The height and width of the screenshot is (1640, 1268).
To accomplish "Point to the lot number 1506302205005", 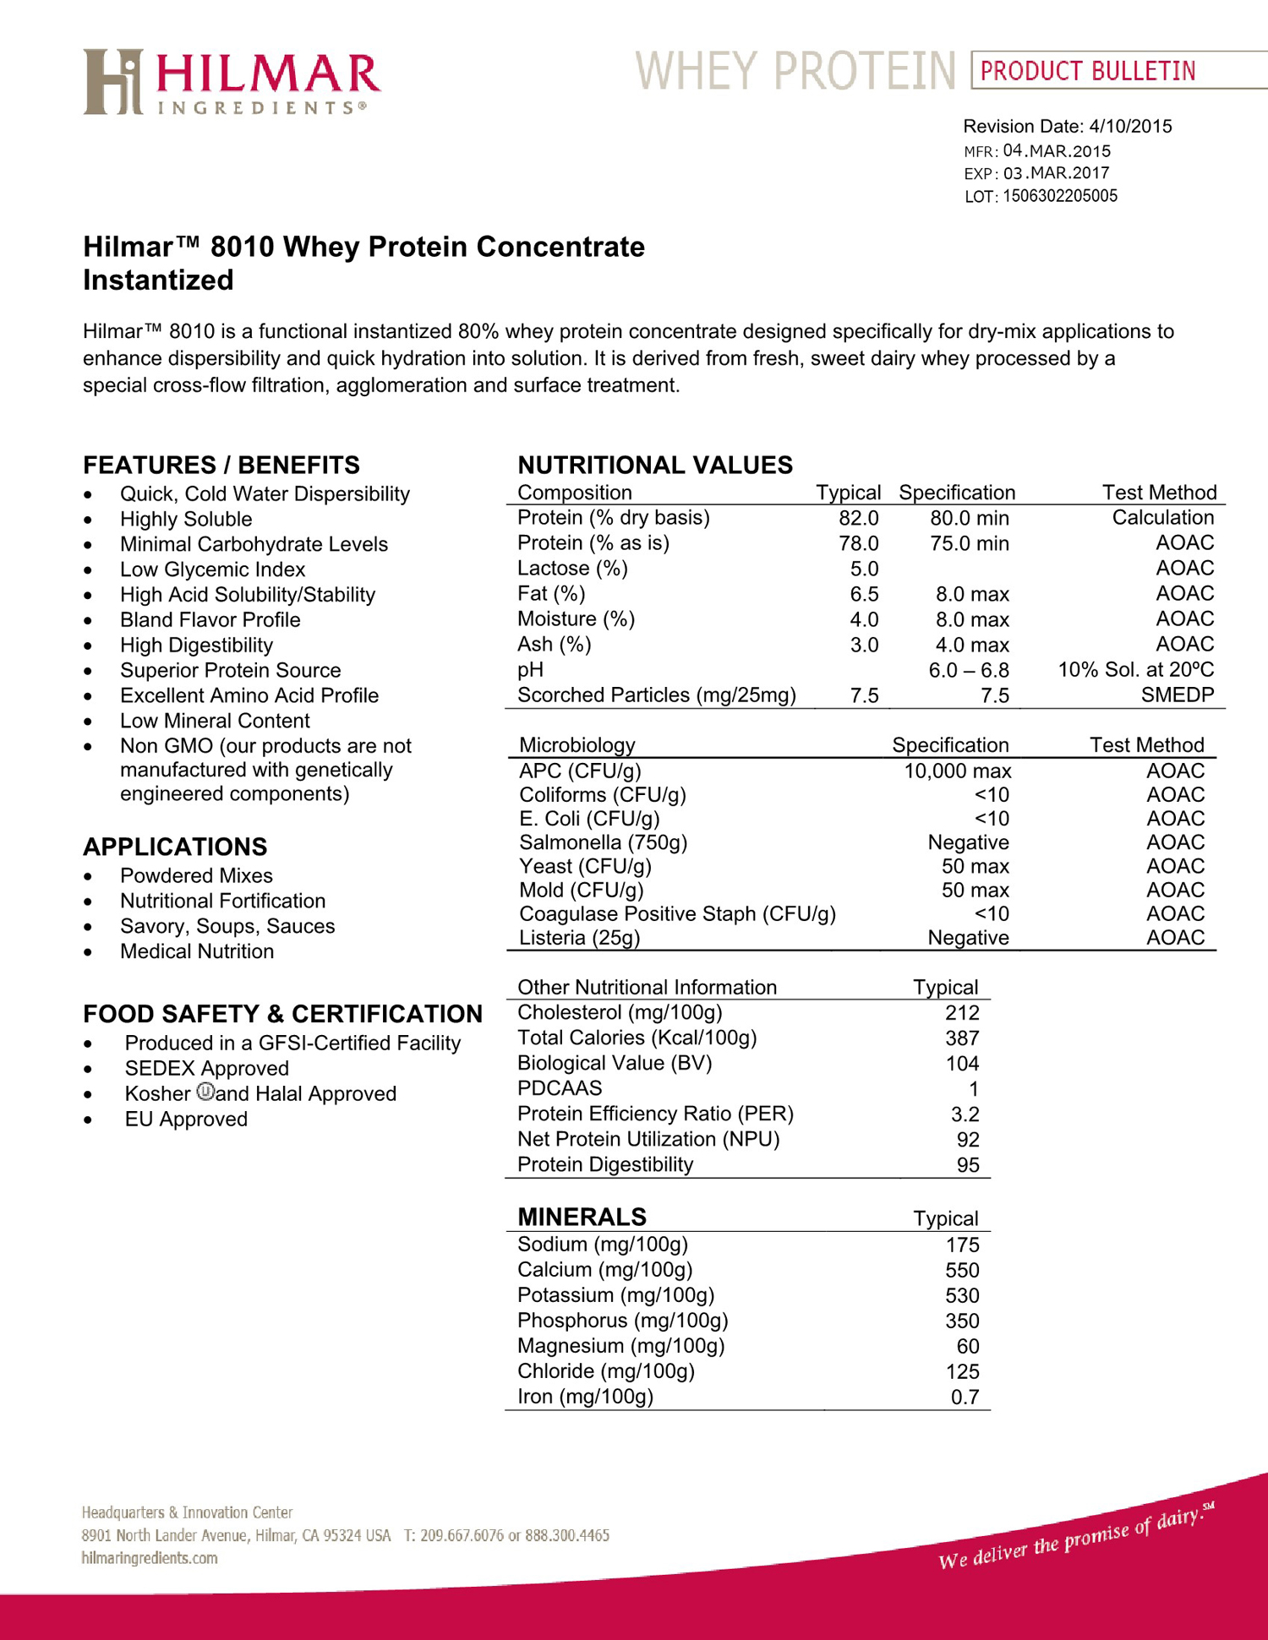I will pos(1059,196).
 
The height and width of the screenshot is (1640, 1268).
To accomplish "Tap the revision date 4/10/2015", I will pos(1130,127).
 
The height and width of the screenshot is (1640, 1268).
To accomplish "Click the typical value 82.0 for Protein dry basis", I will pos(858,518).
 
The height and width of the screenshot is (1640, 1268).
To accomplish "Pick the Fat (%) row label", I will pos(551,594).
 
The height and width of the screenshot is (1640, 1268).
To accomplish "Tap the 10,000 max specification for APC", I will pos(957,771).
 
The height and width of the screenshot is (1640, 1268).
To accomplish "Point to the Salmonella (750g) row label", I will pos(603,842).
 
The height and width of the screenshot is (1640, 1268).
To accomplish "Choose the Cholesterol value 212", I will pos(962,1013).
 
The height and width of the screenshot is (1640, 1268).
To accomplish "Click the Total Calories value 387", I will pos(962,1038).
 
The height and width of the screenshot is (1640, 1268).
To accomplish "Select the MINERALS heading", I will pos(582,1217).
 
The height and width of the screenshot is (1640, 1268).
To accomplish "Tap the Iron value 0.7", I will pos(965,1398).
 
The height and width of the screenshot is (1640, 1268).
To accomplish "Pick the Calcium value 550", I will pos(962,1271).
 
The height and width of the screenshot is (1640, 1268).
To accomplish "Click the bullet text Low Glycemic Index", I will pos(212,569).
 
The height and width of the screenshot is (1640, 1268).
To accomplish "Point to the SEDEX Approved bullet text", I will pos(206,1069).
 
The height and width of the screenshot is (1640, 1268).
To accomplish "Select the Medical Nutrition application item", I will pos(197,951).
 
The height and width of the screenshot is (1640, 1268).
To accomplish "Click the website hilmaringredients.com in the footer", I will pos(150,1558).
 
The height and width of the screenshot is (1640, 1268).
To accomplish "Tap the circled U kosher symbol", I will pos(205,1092).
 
